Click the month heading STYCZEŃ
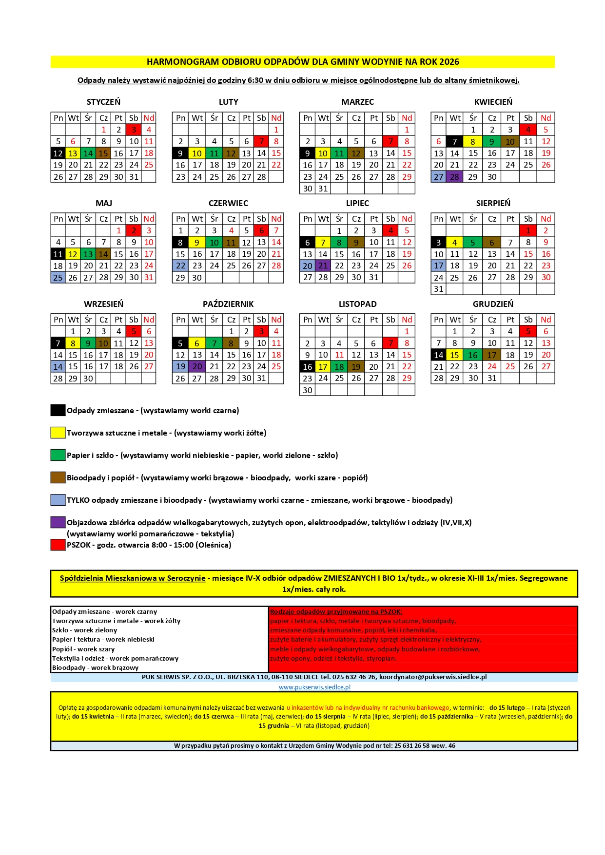pyautogui.click(x=103, y=102)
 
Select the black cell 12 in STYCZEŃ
pyautogui.click(x=58, y=153)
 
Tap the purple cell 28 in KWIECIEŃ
pyautogui.click(x=454, y=177)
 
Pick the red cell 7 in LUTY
pyautogui.click(x=261, y=142)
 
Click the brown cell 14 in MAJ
pyautogui.click(x=103, y=254)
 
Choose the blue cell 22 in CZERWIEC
pyautogui.click(x=180, y=266)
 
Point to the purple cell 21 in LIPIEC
pyautogui.click(x=323, y=266)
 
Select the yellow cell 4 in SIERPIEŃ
pyautogui.click(x=454, y=243)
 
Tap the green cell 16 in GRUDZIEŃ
pyautogui.click(x=472, y=355)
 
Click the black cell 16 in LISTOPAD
pyautogui.click(x=308, y=367)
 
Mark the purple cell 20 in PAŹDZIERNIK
pyautogui.click(x=197, y=367)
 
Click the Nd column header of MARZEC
pyautogui.click(x=407, y=118)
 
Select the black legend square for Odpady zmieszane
pyautogui.click(x=58, y=410)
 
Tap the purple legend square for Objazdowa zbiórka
pyautogui.click(x=58, y=522)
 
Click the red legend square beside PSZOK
pyautogui.click(x=58, y=545)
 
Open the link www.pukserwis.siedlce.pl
pyautogui.click(x=314, y=687)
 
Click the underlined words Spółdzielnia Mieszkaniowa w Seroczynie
pyautogui.click(x=133, y=578)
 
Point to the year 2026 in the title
pyautogui.click(x=449, y=62)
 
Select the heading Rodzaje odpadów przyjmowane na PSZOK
pyautogui.click(x=336, y=612)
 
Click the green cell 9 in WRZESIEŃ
pyautogui.click(x=88, y=343)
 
